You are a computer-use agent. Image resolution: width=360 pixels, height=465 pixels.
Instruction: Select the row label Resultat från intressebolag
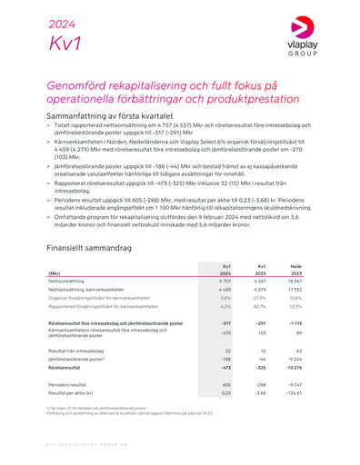point(84,350)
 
